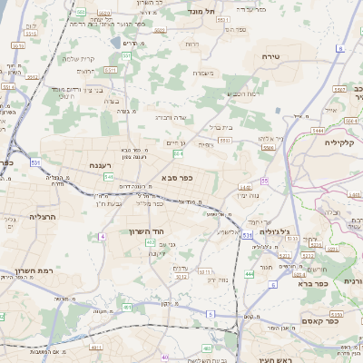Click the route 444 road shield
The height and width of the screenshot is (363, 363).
(x=249, y=273)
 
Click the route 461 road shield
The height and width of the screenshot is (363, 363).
(x=126, y=308)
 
